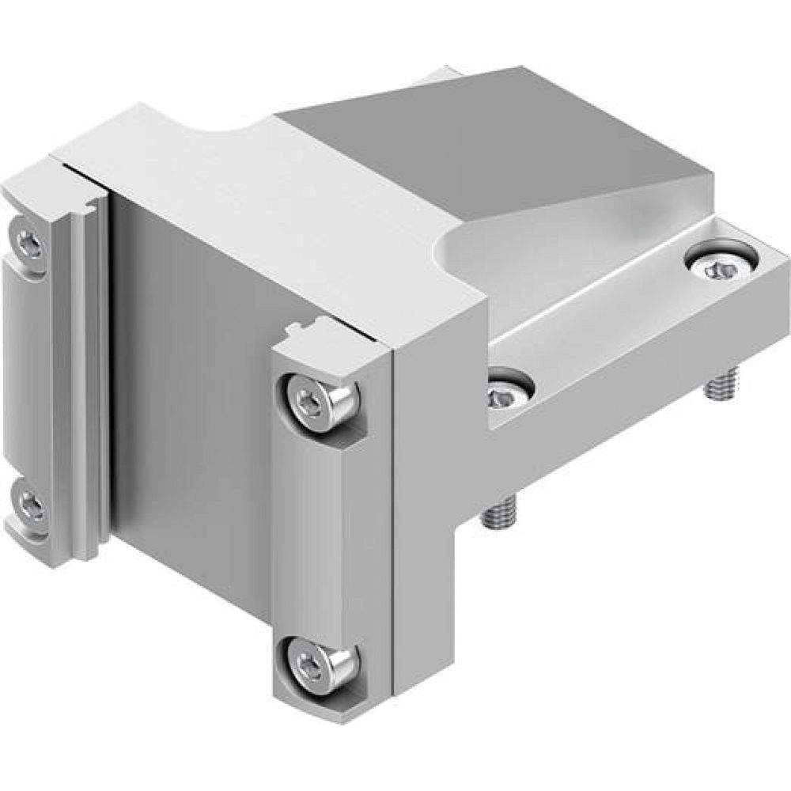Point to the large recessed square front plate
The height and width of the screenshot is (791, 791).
190,395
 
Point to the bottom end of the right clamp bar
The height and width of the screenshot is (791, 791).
316,700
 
